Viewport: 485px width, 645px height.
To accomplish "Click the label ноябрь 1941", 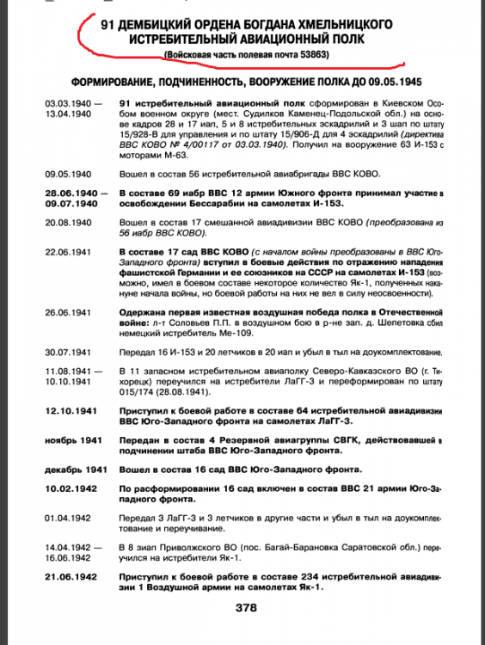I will pos(66,439).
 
